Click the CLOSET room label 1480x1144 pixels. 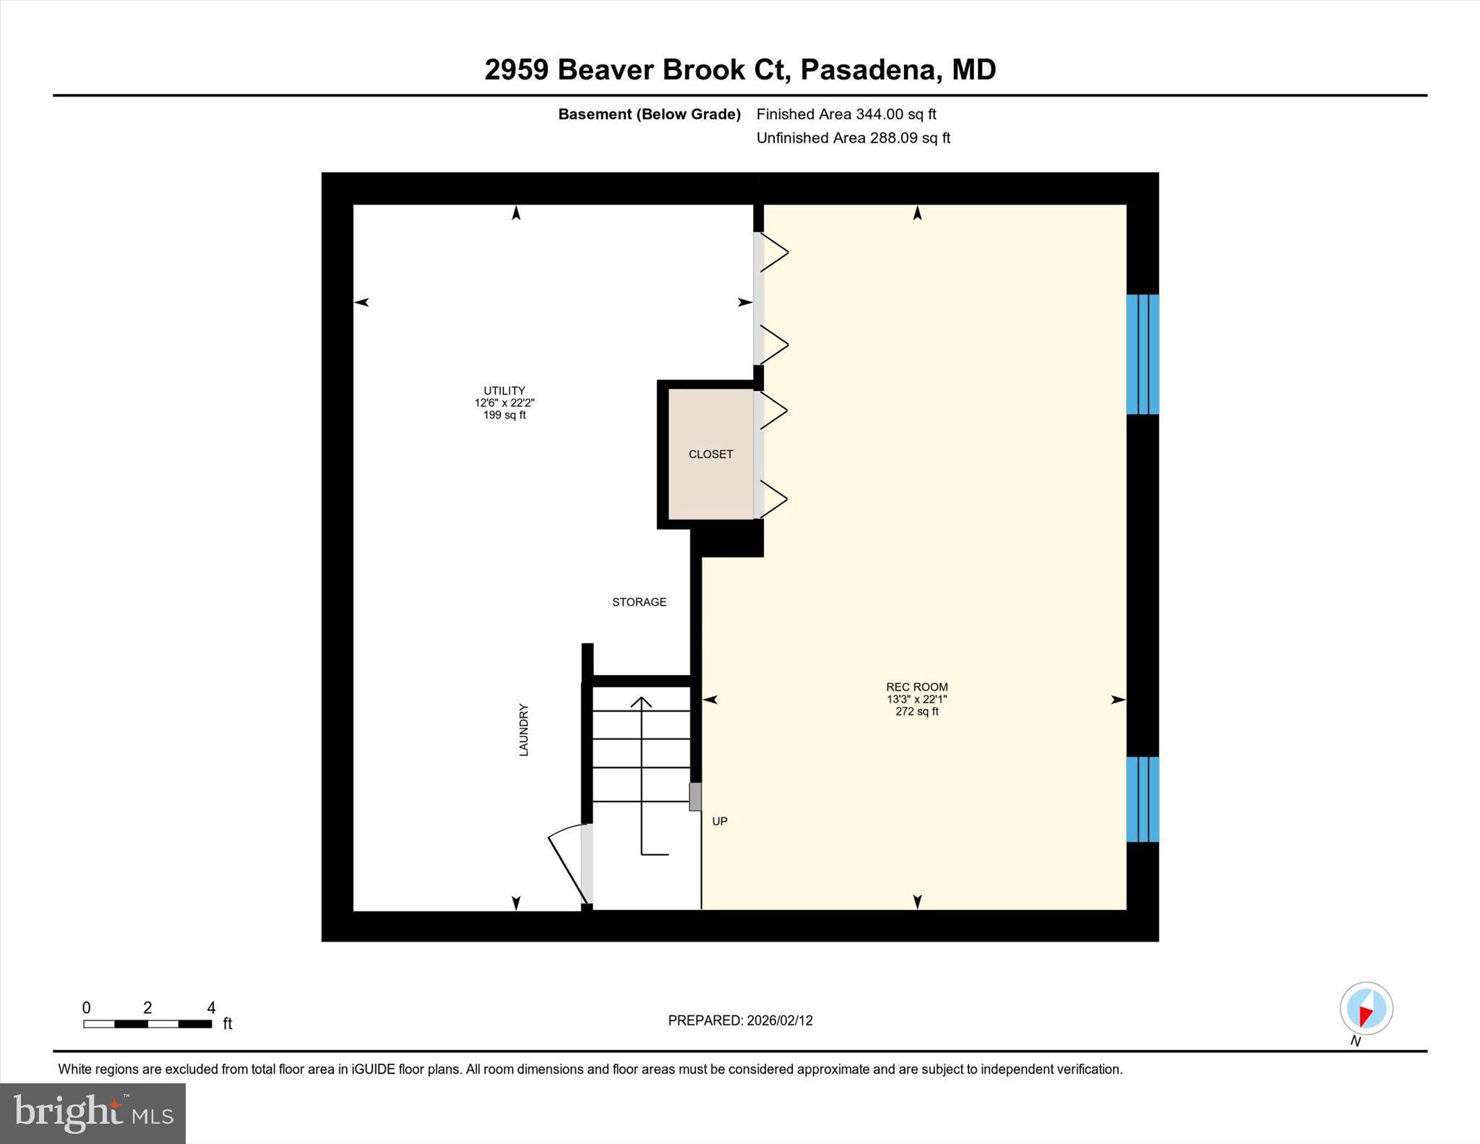(710, 454)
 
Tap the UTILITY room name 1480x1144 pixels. (504, 390)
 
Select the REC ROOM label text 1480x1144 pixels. (916, 687)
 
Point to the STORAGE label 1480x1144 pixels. (639, 602)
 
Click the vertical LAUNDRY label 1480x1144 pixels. (524, 730)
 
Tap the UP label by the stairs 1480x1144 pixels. (720, 821)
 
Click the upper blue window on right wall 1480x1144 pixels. (1143, 354)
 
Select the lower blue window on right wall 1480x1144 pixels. (1143, 799)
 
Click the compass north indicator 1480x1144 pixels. (1366, 1008)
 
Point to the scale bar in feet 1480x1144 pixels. (147, 1023)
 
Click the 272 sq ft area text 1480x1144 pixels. (916, 712)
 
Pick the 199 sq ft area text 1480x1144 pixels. (504, 416)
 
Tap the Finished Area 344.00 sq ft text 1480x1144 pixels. (846, 114)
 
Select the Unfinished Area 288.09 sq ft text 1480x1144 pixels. (853, 138)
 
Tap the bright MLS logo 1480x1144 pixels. (92, 1113)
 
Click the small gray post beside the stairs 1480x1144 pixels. (694, 796)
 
